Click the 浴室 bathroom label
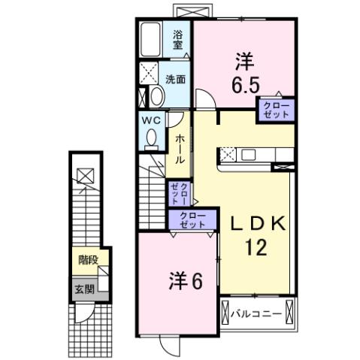178,39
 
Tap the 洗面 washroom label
176,77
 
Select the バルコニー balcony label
258,312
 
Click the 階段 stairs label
89,260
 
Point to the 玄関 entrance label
83,288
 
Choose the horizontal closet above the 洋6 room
192,219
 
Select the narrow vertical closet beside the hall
180,194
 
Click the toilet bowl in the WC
151,139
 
